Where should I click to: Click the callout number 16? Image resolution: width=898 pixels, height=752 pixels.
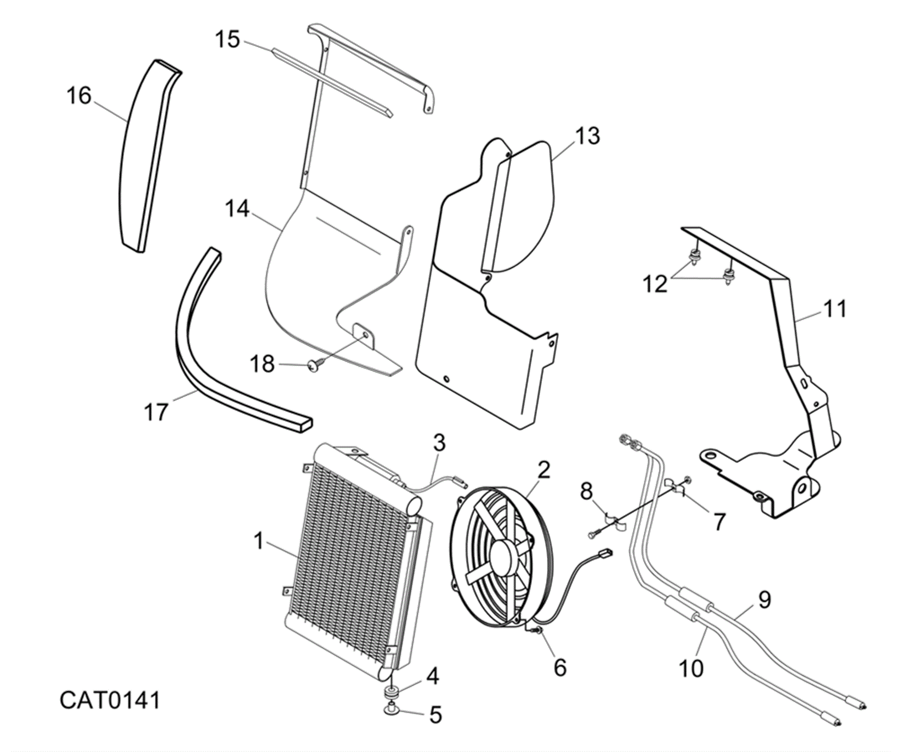point(79,97)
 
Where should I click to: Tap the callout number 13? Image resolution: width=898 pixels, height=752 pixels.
point(587,136)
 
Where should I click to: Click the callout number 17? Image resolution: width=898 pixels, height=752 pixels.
point(156,412)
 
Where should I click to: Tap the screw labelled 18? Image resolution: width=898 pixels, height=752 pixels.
point(313,367)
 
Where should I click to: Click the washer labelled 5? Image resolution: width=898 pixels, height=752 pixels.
point(390,722)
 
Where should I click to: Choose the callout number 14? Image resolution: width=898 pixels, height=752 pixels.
point(237,209)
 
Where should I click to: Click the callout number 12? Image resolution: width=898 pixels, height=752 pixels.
point(655,284)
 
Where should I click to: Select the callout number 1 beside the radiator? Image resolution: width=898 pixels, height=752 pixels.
point(258,542)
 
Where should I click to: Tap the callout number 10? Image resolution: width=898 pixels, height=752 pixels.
point(691,668)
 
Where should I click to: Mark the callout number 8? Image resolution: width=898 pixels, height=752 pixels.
point(586,492)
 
